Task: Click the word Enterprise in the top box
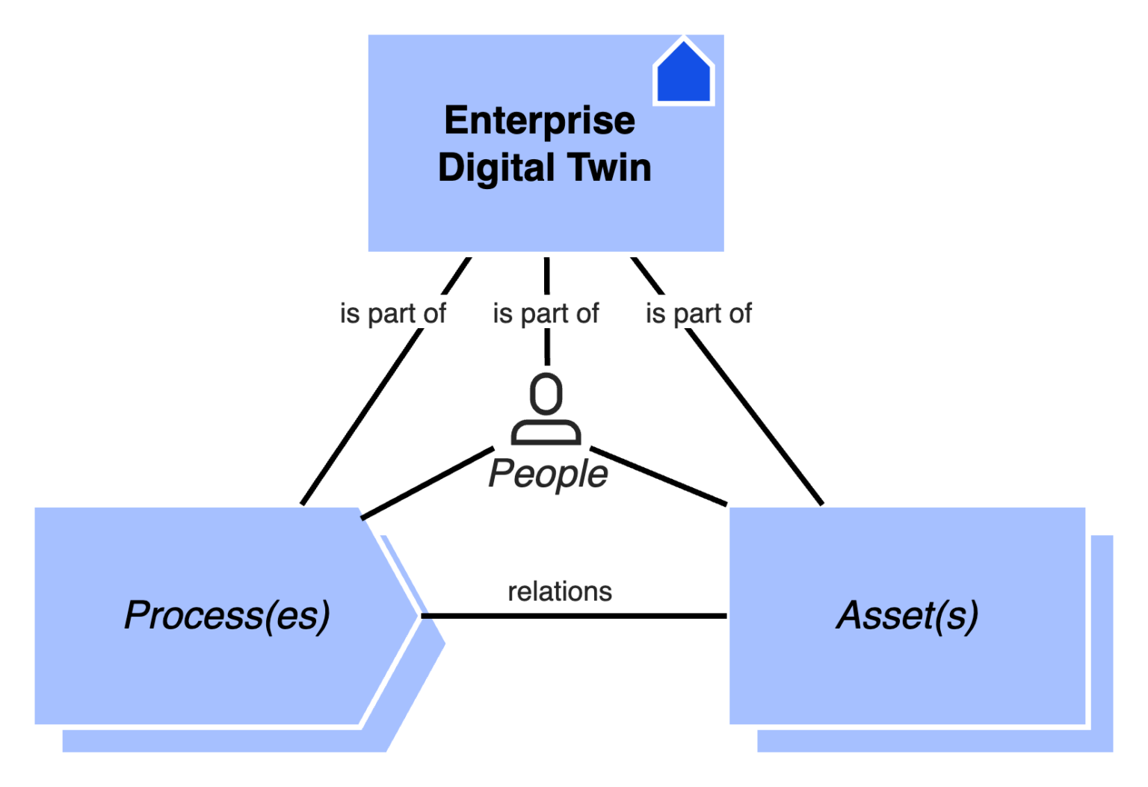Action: (539, 120)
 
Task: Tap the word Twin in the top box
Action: (609, 167)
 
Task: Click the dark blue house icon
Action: (684, 75)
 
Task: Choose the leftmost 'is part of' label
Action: (393, 312)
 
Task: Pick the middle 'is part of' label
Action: (546, 312)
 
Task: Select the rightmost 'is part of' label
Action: (698, 312)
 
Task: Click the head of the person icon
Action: (546, 393)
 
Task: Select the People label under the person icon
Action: (548, 474)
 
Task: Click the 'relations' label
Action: (560, 590)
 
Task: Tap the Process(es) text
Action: (227, 615)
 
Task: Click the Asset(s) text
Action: (907, 615)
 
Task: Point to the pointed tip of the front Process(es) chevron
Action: (416, 615)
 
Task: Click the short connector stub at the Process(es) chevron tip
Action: (430, 616)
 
